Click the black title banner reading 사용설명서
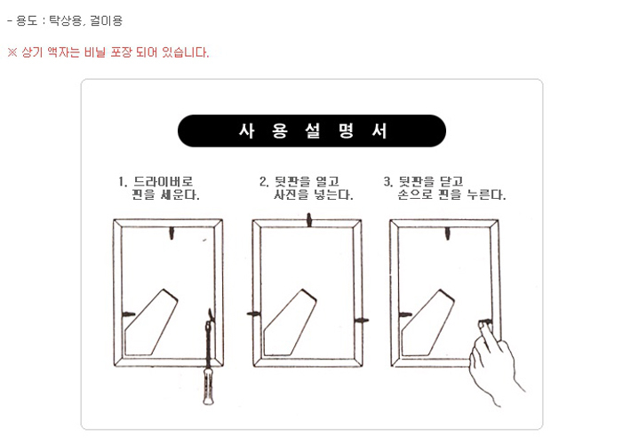(311, 131)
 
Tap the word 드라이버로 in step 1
(163, 181)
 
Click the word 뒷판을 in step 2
(292, 181)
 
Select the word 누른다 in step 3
(486, 194)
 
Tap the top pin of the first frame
(171, 233)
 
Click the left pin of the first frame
(128, 314)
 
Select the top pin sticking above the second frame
(309, 220)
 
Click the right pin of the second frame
(362, 320)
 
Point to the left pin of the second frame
(253, 314)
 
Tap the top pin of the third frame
(448, 233)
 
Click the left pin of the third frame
(405, 315)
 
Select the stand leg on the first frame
(151, 322)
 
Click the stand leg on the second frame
(290, 322)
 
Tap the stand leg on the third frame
(427, 322)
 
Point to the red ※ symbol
(12, 52)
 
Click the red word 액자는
(63, 52)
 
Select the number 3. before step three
(388, 181)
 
